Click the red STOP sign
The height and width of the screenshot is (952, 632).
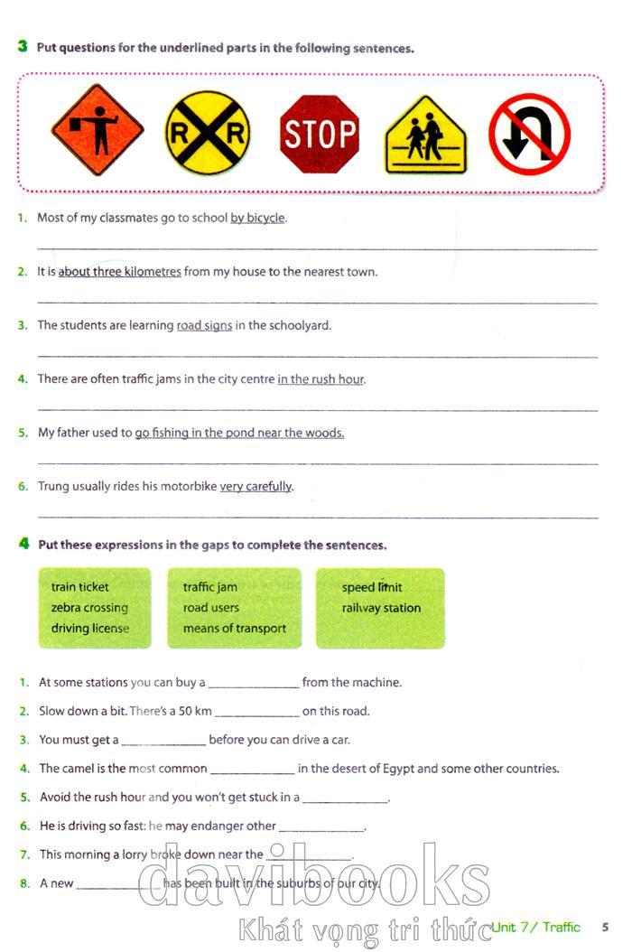tap(320, 135)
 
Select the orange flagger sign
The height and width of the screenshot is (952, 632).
tap(98, 130)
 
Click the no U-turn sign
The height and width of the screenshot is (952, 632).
tap(529, 135)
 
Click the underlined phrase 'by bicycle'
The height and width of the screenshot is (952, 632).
tap(257, 218)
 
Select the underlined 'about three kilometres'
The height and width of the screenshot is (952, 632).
tap(119, 272)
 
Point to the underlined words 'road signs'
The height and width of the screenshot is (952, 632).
tap(204, 325)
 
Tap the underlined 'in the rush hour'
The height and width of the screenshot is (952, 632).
tap(321, 379)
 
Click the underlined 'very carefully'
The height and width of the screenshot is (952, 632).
tap(256, 486)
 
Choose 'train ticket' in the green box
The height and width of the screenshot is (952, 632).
tap(79, 587)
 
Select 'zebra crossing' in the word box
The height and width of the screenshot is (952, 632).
tap(89, 608)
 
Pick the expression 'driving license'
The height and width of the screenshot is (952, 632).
tap(90, 629)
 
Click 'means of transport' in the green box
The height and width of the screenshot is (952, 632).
tap(235, 629)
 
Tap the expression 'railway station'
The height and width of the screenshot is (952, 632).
tap(381, 608)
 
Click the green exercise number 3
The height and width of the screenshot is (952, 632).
tap(23, 46)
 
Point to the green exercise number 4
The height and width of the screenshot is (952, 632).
tap(23, 544)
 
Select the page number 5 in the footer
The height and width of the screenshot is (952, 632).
tap(605, 927)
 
